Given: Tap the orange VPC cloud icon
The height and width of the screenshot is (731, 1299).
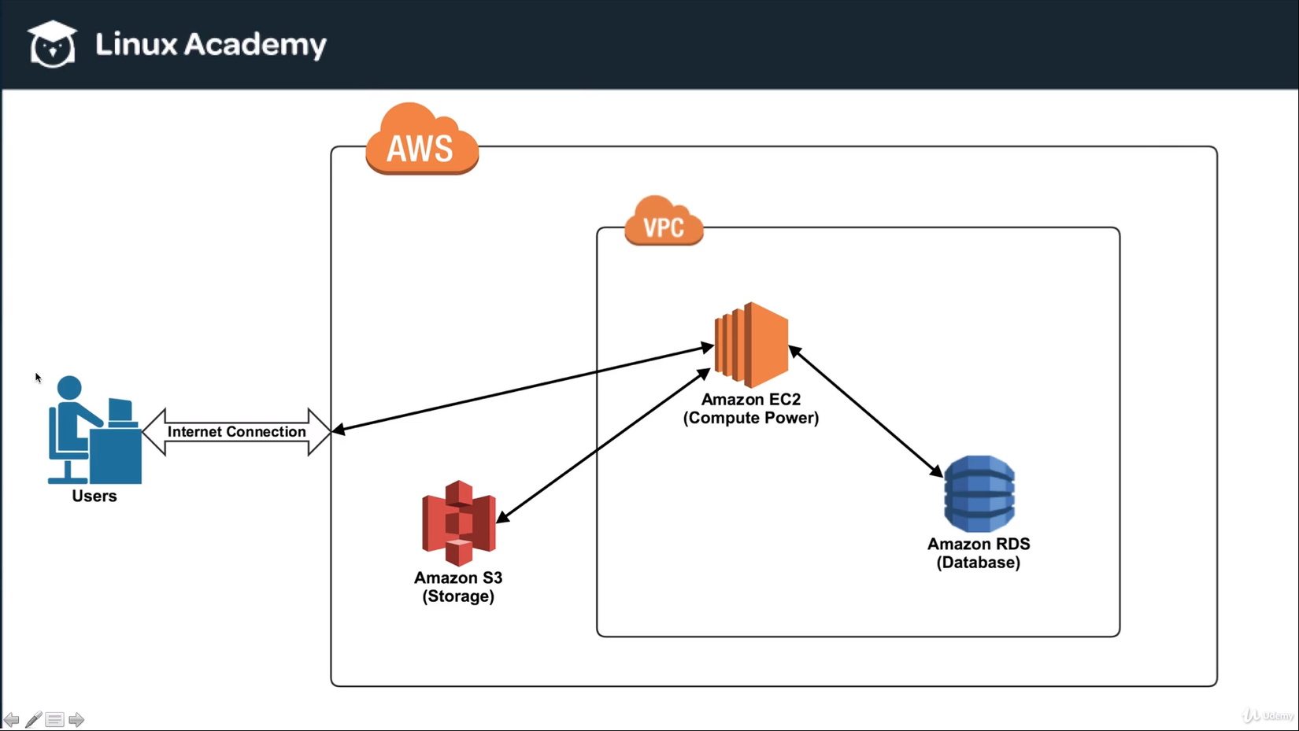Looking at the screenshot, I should tap(664, 222).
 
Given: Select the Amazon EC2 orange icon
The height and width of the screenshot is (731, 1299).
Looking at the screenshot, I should tap(751, 345).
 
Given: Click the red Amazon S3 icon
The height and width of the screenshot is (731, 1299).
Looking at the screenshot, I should tap(459, 523).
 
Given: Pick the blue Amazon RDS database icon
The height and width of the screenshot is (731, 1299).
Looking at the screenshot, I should tap(979, 493).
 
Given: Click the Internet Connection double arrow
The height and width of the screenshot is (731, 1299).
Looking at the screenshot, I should tap(236, 432).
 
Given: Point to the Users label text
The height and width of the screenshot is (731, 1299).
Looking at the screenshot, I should tap(94, 497).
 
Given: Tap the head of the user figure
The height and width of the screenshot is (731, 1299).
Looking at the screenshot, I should tap(69, 387).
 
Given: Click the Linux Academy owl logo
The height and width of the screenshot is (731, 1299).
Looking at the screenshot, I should tap(52, 45).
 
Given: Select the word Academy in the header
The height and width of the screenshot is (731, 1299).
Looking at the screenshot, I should tap(255, 45).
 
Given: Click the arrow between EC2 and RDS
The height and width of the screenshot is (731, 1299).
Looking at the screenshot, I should tap(866, 411).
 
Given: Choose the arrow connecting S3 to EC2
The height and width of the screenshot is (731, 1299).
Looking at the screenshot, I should tap(603, 445).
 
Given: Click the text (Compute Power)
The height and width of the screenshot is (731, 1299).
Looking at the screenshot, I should tap(751, 418).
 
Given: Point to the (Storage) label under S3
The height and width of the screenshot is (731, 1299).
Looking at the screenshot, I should tap(458, 596).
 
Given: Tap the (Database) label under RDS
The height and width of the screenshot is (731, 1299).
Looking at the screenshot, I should tap(979, 563).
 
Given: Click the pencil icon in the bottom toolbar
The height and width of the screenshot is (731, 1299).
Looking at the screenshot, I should tap(33, 719).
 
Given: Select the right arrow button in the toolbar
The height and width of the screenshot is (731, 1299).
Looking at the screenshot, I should tap(76, 719).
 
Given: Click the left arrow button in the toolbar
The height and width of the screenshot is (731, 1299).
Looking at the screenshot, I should tap(11, 719).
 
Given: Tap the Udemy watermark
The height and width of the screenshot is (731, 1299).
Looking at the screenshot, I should tap(1268, 715).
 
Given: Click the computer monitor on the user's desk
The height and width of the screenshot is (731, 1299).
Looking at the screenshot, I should tap(120, 411).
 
